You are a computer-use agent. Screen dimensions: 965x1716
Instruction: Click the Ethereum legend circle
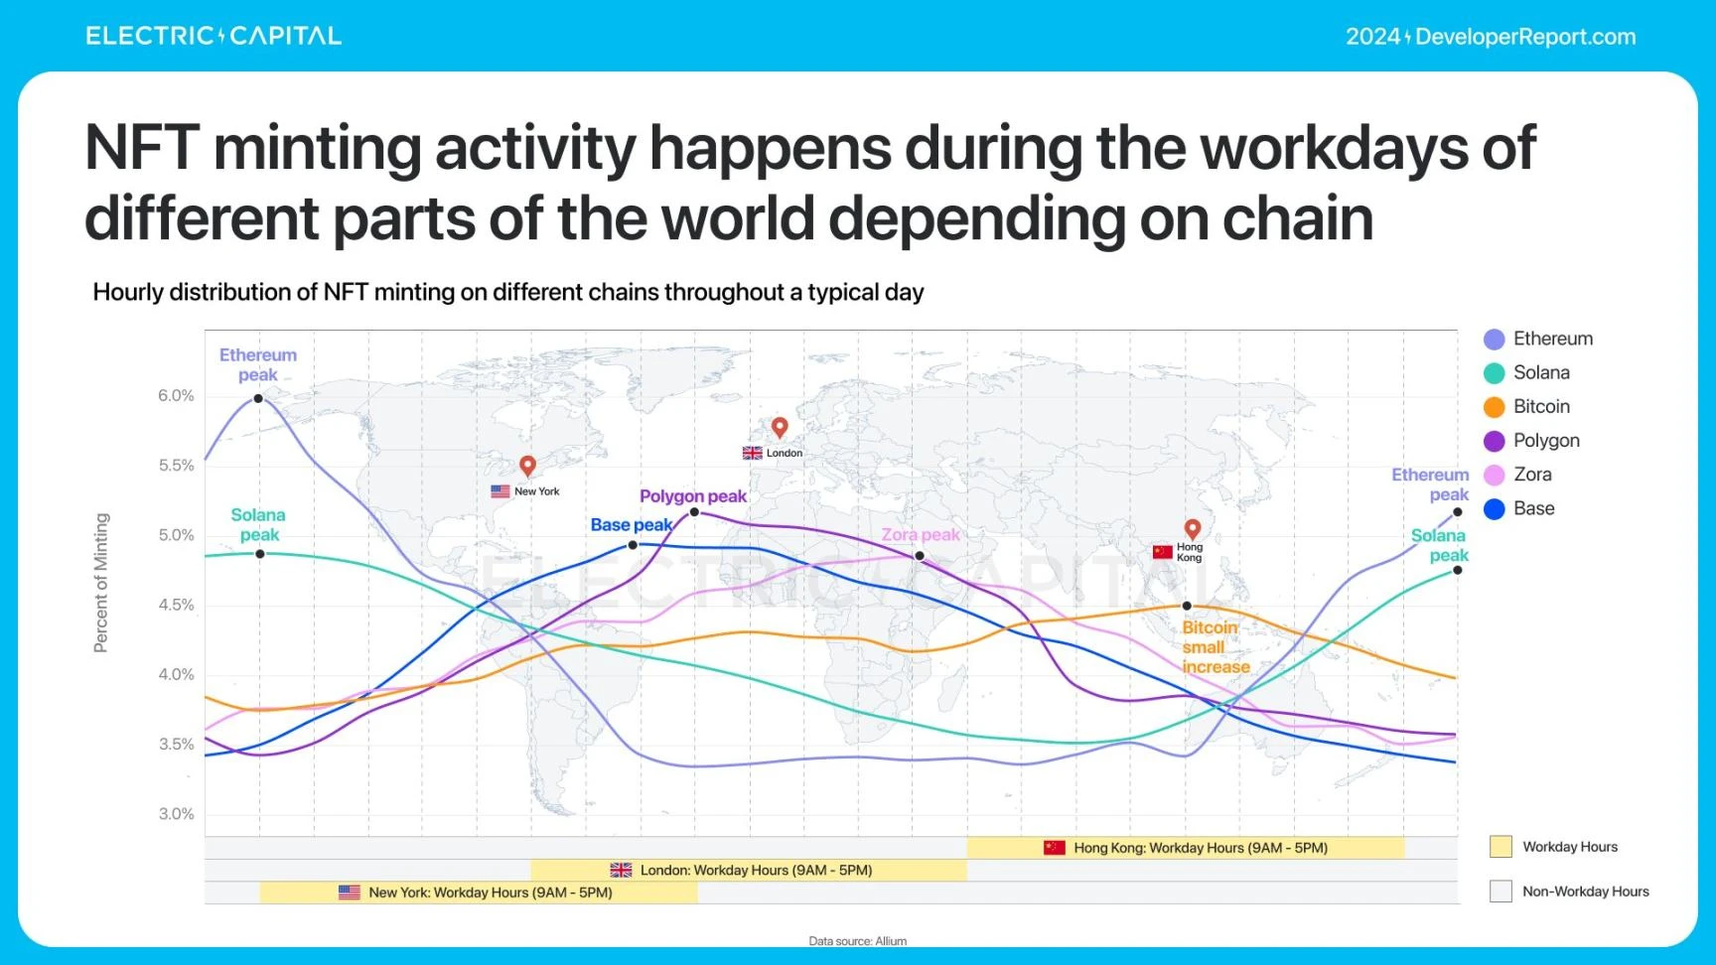1494,340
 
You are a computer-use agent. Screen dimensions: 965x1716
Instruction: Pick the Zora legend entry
1518,475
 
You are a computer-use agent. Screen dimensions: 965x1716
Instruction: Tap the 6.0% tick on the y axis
176,396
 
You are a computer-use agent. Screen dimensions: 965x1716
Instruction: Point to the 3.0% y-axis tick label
176,814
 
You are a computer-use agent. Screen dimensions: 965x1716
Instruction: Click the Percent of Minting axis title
100,583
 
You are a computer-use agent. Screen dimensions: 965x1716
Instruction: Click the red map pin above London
780,427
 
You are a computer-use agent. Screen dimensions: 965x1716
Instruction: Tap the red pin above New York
527,465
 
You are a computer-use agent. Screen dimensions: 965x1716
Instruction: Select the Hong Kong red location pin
1193,528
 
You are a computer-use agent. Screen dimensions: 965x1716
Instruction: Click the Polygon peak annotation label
692,496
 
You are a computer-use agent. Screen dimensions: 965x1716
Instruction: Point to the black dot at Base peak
633,545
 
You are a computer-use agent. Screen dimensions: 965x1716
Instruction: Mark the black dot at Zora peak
920,556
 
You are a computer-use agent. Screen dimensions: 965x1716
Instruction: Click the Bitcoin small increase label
1215,647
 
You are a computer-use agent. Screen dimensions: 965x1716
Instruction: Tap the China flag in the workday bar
1054,848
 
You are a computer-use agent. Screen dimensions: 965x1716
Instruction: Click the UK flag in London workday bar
621,871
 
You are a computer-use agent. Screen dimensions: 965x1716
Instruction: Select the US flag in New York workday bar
350,893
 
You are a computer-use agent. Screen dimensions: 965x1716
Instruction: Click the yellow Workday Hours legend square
1501,847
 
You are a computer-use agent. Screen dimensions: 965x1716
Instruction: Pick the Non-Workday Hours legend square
1501,892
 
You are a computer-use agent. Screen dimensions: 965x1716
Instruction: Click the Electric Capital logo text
214,37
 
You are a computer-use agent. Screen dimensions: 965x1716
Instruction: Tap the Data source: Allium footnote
857,941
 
